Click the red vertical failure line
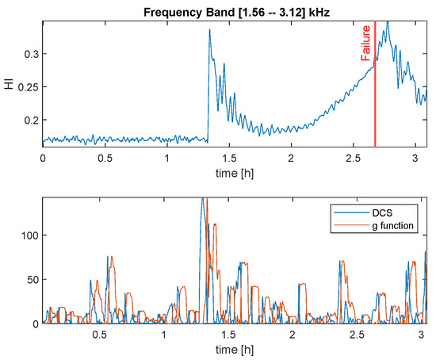[375, 95]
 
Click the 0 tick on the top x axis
[43, 158]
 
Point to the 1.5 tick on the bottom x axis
[228, 335]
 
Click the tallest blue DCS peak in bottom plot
[202, 200]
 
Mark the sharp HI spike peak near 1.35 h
[209, 30]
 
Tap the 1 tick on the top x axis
[167, 158]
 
